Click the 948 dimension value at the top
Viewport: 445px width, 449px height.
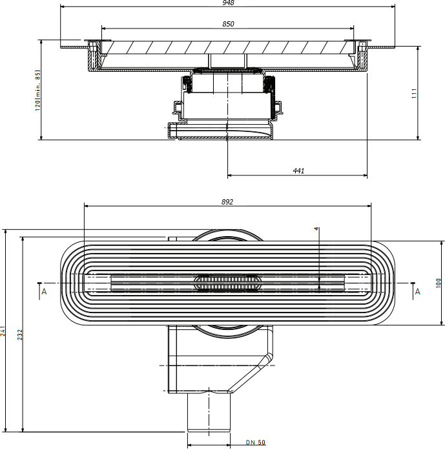[x=228, y=3]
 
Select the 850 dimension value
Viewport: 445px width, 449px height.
[x=228, y=24]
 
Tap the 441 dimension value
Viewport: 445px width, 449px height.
[x=298, y=171]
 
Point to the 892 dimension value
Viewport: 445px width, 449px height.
[x=227, y=202]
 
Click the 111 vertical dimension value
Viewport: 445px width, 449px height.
[x=414, y=93]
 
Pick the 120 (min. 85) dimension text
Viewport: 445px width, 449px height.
[x=37, y=90]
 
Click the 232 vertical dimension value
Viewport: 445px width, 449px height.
[x=20, y=334]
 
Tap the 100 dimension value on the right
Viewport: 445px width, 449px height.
[x=439, y=283]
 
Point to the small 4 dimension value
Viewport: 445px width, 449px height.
[x=316, y=228]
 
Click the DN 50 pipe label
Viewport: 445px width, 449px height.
[x=256, y=442]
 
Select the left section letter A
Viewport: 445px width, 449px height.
[x=44, y=292]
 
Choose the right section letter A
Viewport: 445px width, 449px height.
[x=418, y=292]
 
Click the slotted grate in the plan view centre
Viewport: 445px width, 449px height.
[x=227, y=283]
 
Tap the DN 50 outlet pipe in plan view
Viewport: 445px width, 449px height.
[x=209, y=411]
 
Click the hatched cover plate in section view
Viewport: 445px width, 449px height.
[x=227, y=47]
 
